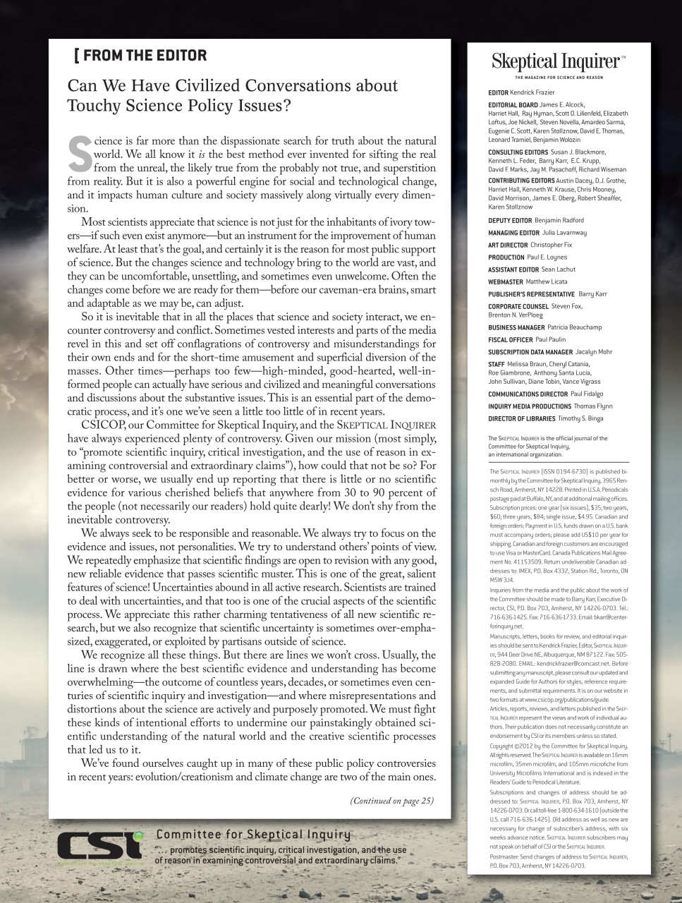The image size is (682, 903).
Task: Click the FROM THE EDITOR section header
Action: pyautogui.click(x=140, y=55)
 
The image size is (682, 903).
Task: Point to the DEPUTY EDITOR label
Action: pyautogui.click(x=510, y=221)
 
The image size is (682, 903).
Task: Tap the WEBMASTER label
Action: pyautogui.click(x=505, y=281)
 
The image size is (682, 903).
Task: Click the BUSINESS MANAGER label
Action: pyautogui.click(x=516, y=327)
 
